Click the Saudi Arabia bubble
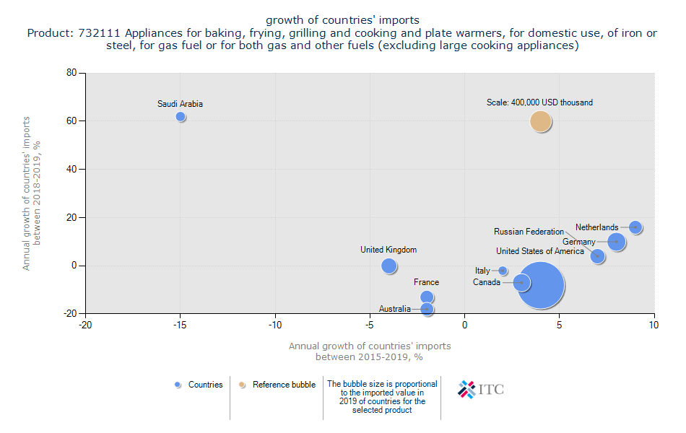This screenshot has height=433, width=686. (181, 117)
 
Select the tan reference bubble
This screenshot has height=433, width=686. (541, 121)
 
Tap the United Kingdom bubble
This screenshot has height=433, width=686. (389, 266)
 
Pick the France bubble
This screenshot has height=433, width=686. (427, 297)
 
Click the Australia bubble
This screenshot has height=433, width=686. (427, 309)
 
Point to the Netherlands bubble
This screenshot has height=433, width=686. (635, 227)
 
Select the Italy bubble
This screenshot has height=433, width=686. (503, 271)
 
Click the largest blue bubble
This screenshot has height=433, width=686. (541, 286)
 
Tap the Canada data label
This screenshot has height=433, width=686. (487, 282)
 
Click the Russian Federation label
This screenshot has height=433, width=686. (529, 232)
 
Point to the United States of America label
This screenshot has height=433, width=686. (540, 251)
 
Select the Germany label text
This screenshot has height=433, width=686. (579, 242)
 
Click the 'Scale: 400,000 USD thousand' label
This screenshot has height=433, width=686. (539, 102)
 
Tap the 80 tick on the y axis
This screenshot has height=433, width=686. (71, 73)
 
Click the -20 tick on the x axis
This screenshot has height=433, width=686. (85, 325)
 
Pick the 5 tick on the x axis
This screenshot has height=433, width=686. (560, 325)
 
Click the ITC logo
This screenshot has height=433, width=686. (481, 389)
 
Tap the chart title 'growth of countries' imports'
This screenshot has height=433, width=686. (342, 19)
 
